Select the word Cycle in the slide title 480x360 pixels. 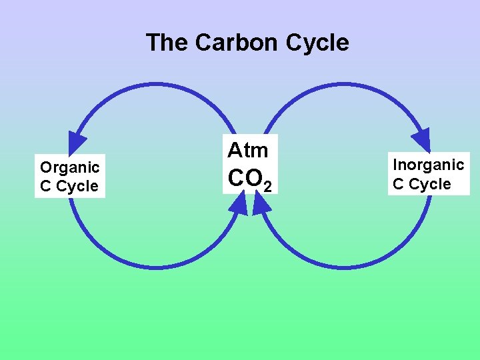pos(317,43)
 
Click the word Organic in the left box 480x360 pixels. pos(69,167)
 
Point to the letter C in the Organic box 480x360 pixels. pos(45,187)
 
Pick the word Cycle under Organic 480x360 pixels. pos(77,187)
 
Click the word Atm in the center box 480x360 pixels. pos(247,150)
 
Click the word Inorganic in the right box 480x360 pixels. pos(428,165)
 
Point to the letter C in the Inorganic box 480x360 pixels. pos(398,184)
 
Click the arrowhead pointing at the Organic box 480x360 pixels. pos(77,141)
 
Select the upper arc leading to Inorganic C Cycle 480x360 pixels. pos(343,85)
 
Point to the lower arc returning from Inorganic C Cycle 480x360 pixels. pos(343,267)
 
